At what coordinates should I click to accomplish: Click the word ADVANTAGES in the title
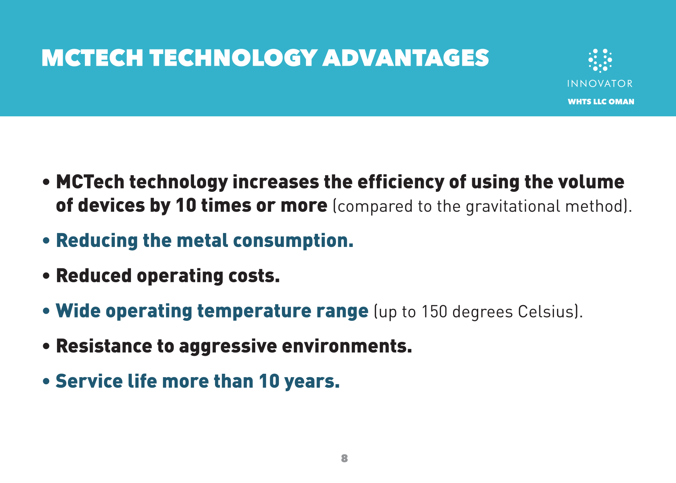[406, 58]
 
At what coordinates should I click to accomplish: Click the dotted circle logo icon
[600, 60]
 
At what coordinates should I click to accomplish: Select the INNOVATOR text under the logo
[600, 83]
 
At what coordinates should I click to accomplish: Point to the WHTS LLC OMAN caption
[601, 102]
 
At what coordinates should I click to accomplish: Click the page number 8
[345, 458]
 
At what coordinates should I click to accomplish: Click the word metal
[202, 241]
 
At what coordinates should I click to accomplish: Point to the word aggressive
[228, 347]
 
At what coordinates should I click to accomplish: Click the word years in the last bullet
[312, 382]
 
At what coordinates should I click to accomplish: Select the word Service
[89, 381]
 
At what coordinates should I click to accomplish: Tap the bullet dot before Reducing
[46, 241]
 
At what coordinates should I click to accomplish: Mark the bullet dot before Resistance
[46, 346]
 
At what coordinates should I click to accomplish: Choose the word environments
[347, 346]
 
